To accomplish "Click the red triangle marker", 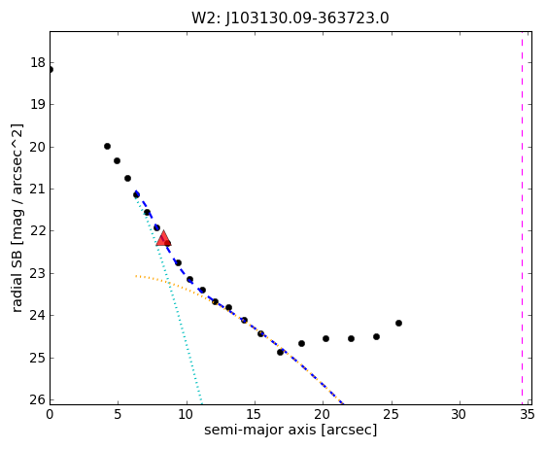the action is (163, 238).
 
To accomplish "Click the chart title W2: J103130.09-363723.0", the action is (290, 18).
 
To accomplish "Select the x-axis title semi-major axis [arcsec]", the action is (290, 430).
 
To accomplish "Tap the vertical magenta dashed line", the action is (522, 218).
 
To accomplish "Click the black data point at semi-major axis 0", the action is (51, 70).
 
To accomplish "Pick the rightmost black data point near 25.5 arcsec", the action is (398, 324).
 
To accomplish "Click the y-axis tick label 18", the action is (38, 63).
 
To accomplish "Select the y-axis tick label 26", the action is (38, 399).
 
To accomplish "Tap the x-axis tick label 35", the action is (527, 415).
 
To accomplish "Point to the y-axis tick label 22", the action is (38, 231).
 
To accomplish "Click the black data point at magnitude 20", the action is (107, 147).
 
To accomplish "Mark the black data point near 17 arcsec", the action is (281, 352).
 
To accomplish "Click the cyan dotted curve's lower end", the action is (202, 404).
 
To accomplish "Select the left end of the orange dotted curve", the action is (136, 276).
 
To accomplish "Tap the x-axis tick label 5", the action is (118, 415).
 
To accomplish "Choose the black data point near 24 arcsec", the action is (376, 337).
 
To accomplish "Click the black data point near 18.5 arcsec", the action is (301, 344).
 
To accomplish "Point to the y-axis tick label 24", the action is (38, 316).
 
